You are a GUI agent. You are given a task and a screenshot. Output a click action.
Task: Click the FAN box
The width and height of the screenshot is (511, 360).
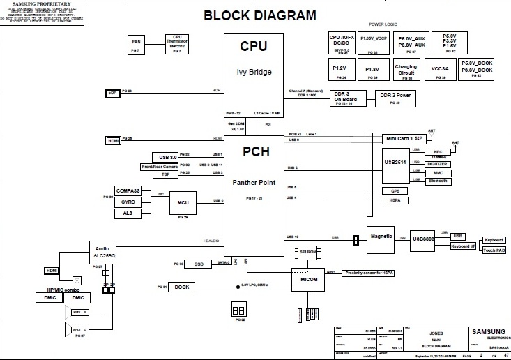136,43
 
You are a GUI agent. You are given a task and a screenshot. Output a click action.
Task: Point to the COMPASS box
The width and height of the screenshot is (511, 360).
128,190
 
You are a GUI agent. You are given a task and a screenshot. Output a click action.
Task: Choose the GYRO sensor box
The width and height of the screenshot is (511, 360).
128,202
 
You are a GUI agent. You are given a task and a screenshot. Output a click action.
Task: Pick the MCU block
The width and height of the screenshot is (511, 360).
183,202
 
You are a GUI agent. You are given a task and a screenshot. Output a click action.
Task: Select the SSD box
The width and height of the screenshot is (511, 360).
199,264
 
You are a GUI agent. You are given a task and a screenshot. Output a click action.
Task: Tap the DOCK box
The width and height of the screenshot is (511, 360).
183,287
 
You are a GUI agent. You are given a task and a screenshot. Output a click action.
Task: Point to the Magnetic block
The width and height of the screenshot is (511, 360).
381,236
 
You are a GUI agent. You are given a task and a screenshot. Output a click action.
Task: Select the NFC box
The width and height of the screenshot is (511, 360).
437,151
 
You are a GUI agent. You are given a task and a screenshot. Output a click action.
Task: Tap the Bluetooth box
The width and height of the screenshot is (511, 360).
437,181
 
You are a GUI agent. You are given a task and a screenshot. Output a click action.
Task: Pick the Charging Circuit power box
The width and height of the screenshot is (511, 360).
406,70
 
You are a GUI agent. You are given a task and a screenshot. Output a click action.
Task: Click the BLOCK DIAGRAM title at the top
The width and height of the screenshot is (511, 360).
259,15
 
